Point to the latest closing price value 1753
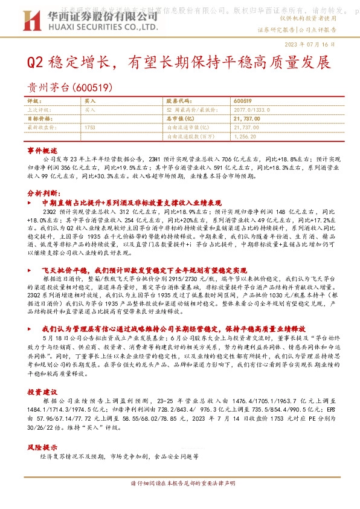point(91,128)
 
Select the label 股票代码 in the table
point(178,102)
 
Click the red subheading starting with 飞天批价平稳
point(136,270)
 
